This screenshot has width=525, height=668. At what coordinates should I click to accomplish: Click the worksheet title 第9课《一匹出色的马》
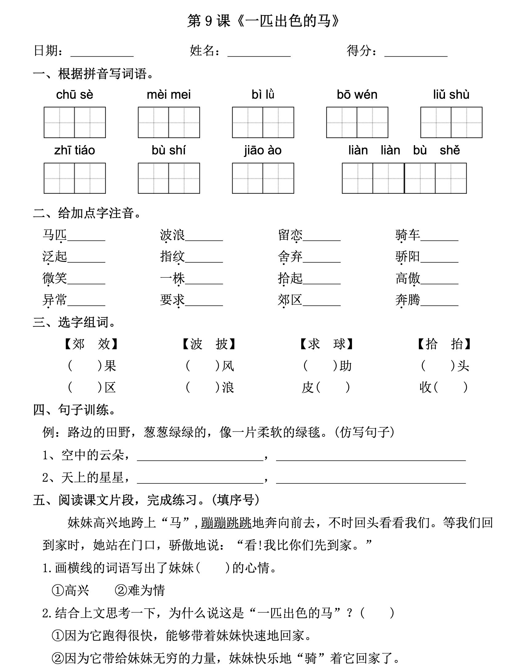coord(263,21)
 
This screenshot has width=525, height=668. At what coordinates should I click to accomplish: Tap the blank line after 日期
coord(102,52)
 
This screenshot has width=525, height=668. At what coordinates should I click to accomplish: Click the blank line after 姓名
coord(259,52)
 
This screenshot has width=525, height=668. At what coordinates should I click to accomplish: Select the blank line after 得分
coord(416,52)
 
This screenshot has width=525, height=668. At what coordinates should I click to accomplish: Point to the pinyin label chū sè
coord(74,95)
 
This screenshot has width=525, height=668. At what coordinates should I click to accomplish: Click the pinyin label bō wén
coord(357,95)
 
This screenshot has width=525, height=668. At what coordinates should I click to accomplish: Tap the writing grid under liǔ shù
coord(451,122)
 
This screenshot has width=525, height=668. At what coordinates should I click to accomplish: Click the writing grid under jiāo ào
coord(263,178)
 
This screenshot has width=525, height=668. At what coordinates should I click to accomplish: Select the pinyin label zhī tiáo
coord(74,150)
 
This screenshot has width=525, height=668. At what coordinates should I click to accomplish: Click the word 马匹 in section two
coord(55,235)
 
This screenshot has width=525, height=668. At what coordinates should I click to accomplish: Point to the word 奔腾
coord(408,300)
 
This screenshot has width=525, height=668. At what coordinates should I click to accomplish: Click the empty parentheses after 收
coord(450,388)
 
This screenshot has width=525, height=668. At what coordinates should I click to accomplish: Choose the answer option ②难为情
coord(140,590)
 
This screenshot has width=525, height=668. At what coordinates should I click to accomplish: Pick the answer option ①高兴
coord(70,590)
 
